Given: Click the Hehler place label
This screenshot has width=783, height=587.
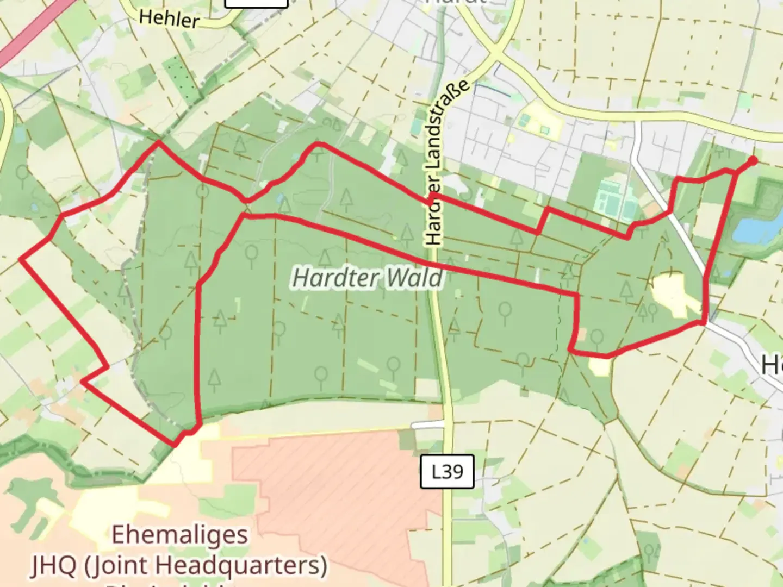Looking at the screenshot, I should coord(169,20).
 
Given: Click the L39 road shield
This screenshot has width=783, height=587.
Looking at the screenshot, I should coord(447,472).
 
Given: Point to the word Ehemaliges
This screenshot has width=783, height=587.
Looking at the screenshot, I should coord(179,535).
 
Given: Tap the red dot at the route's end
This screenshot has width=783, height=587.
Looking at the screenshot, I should coord(753,160).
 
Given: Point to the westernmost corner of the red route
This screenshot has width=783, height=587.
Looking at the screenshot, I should coord(21,259).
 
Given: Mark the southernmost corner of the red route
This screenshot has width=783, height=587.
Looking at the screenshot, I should coord(175,445).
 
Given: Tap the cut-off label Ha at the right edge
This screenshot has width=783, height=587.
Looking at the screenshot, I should coord(772,364).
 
